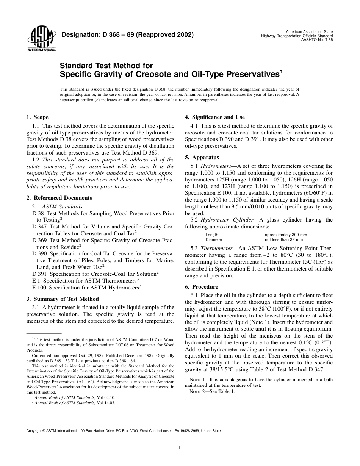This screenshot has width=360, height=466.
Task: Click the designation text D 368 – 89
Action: (127, 35)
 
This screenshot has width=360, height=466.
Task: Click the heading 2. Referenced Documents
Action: (59, 198)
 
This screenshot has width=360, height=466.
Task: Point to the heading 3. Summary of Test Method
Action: (63, 299)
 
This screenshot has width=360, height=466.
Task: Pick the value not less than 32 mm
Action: (283, 239)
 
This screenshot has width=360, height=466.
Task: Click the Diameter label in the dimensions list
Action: (214, 239)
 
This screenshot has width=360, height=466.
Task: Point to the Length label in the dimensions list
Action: (212, 235)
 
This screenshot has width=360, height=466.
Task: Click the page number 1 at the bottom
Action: (180, 448)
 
